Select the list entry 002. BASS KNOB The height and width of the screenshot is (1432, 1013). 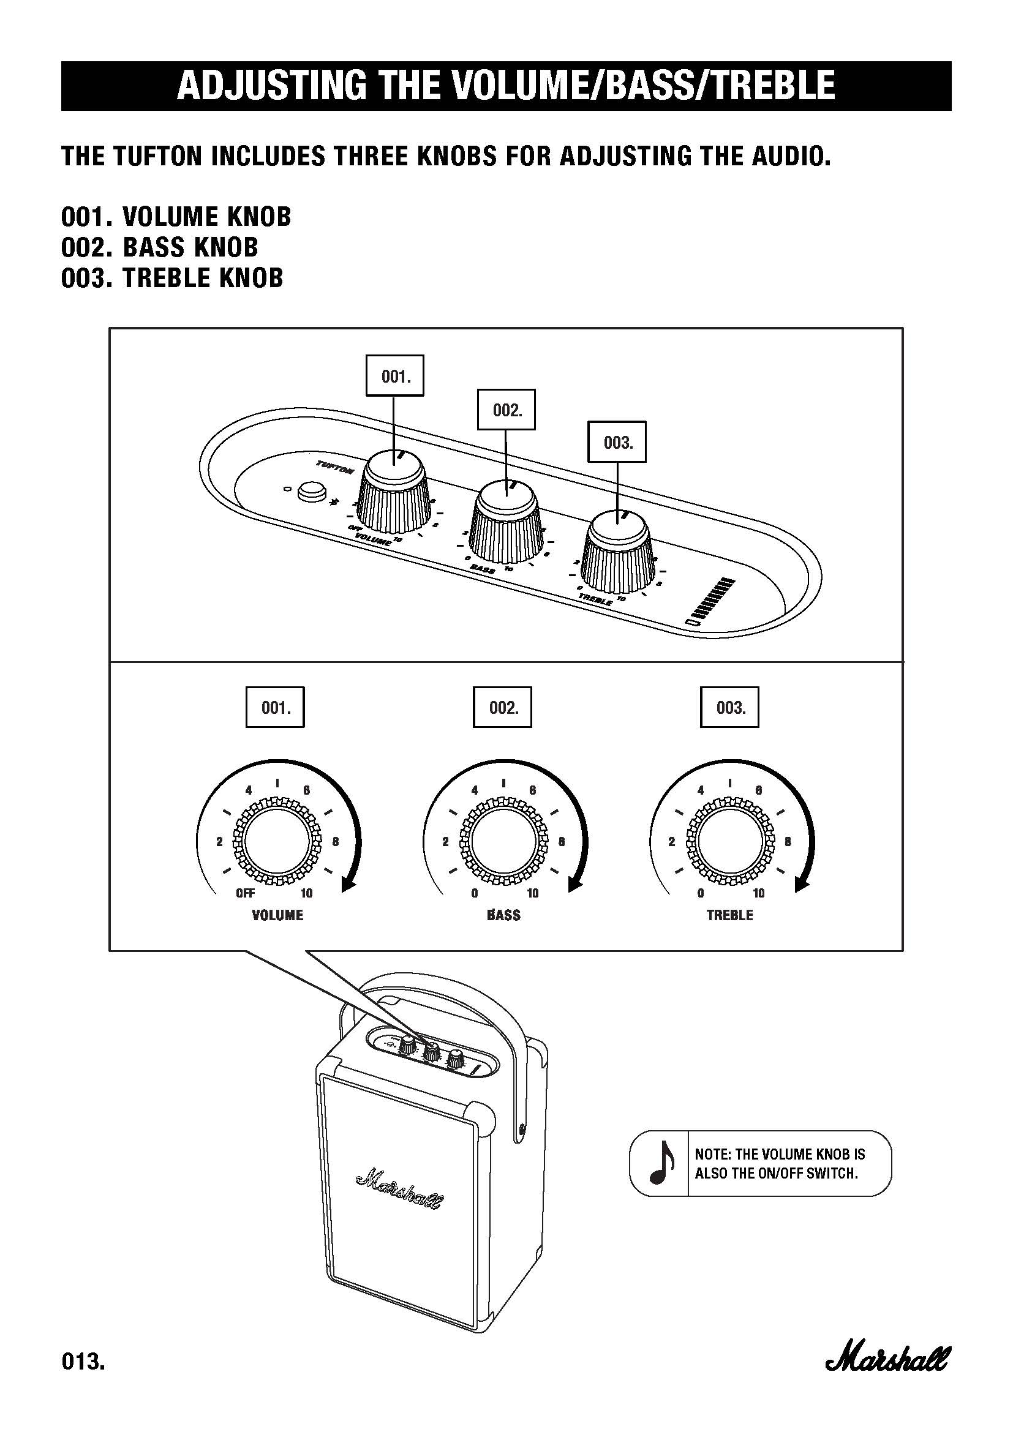pos(159,247)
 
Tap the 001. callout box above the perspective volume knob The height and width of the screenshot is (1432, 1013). pos(394,375)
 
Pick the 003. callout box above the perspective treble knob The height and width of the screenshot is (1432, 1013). pos(617,442)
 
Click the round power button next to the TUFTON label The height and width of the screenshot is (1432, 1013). pos(312,491)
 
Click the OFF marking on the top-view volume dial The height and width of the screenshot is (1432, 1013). pos(245,893)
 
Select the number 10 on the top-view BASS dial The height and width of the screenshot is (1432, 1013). pos(533,893)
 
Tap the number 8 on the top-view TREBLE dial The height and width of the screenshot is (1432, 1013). pos(788,841)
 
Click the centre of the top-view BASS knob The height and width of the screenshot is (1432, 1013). pos(503,841)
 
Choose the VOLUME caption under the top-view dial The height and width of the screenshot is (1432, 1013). pos(277,915)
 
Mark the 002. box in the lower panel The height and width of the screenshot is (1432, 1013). pos(503,707)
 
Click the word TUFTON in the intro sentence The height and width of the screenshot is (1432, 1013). pos(158,156)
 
